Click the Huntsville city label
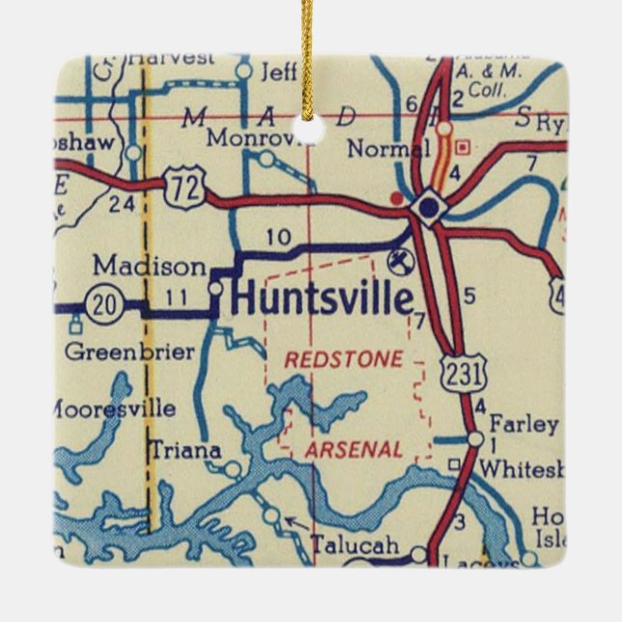(x=322, y=299)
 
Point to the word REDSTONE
(x=343, y=359)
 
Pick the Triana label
(x=185, y=450)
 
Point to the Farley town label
(x=523, y=424)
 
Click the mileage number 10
(x=278, y=237)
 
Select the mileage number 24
(x=122, y=203)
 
